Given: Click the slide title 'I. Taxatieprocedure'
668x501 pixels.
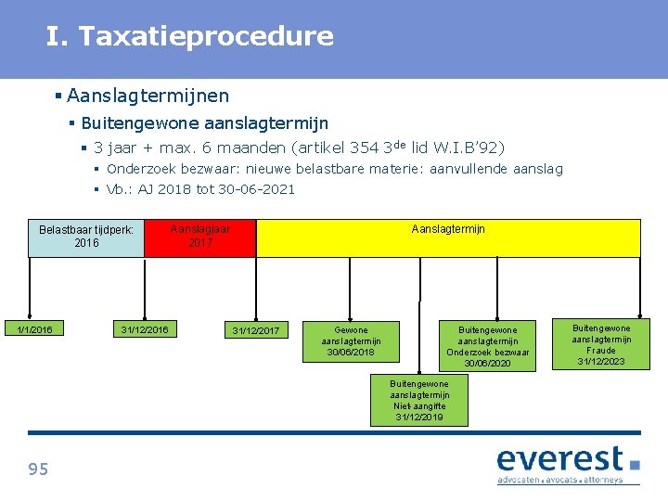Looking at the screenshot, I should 189,37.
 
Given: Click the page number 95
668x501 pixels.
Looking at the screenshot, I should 38,469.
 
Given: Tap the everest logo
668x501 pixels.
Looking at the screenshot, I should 568,459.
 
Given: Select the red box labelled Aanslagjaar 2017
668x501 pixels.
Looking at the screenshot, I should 199,238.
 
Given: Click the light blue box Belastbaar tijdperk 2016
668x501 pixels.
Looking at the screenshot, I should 86,238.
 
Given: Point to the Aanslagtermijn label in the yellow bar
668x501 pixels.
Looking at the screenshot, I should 448,229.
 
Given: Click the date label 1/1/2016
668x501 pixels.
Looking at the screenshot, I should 35,329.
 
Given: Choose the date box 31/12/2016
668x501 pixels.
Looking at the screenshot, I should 145,329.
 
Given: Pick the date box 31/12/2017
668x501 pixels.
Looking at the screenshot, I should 255,331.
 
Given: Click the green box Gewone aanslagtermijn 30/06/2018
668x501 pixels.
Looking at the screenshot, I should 351,341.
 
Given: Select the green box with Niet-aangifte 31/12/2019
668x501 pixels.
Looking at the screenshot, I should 419,401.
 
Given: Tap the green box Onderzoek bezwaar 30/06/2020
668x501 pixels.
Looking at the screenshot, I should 488,346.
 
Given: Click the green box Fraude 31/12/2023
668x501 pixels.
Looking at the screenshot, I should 600,344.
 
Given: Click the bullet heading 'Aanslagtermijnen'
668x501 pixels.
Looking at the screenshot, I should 148,96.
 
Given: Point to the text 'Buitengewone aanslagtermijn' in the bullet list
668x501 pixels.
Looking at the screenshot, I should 204,123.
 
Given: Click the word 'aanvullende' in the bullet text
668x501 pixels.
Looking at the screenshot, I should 480,169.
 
